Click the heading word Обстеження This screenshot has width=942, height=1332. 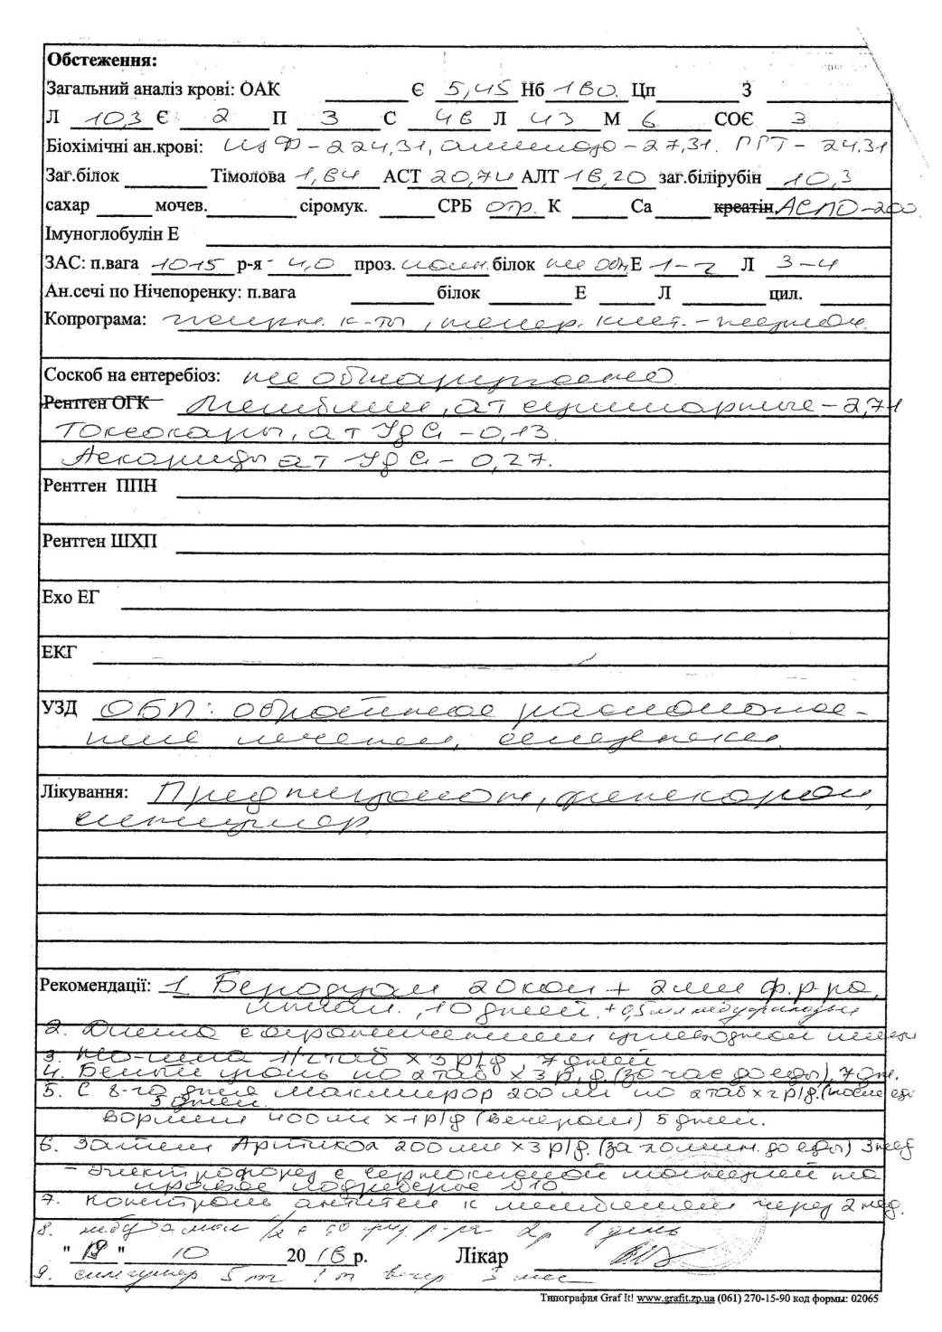101,61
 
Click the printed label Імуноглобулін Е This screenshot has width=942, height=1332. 112,234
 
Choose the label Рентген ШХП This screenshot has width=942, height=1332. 100,542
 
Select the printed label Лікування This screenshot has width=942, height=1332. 81,792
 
